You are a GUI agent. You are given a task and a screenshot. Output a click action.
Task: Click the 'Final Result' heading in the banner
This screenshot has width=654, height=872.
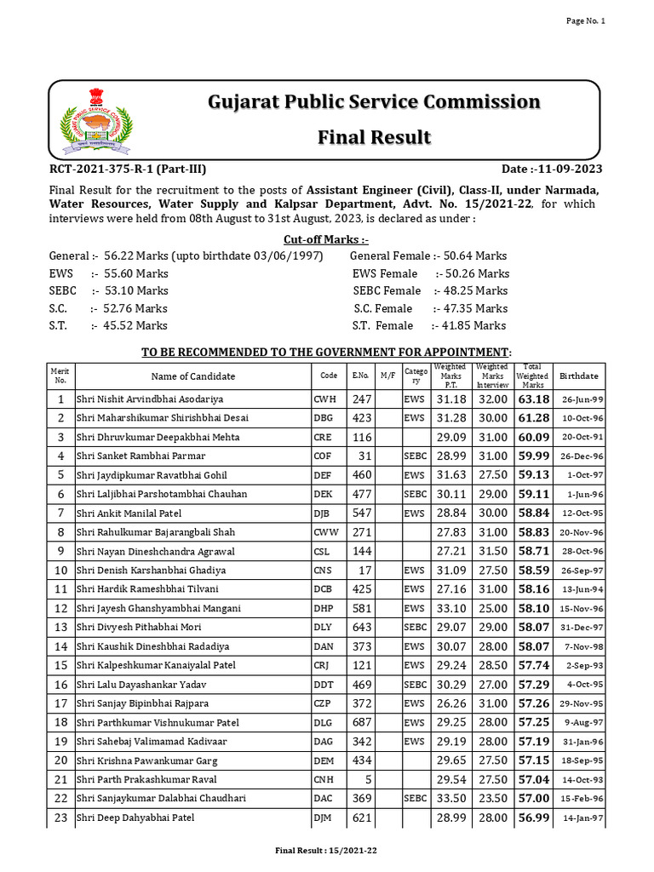click(x=374, y=137)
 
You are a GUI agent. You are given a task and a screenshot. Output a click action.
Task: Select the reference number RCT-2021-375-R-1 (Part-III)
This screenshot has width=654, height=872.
click(x=128, y=169)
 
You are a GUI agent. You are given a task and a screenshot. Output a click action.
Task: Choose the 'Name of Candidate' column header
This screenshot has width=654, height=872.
click(x=193, y=376)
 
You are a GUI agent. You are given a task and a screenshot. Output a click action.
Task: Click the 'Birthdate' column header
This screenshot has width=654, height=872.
click(x=578, y=376)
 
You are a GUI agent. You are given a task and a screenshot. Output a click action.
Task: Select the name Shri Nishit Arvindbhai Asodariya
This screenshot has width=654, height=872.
click(x=150, y=399)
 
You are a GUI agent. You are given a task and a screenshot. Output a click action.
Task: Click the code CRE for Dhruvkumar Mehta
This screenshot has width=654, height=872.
click(x=325, y=437)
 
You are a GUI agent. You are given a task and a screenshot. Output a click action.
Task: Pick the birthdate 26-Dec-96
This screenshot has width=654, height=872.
click(x=582, y=456)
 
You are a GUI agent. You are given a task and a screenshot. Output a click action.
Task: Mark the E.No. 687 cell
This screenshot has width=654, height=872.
click(x=362, y=722)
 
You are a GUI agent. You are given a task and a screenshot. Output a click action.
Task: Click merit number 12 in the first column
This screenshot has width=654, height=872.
click(x=60, y=608)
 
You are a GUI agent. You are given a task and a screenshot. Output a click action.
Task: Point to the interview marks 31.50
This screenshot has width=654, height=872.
click(x=492, y=551)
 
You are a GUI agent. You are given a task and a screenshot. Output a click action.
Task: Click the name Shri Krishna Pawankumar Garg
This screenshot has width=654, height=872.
click(x=146, y=760)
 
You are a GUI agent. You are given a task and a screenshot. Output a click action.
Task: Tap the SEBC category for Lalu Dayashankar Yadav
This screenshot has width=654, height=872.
click(x=415, y=685)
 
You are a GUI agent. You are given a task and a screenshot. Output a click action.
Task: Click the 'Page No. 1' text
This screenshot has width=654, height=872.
click(x=586, y=21)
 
